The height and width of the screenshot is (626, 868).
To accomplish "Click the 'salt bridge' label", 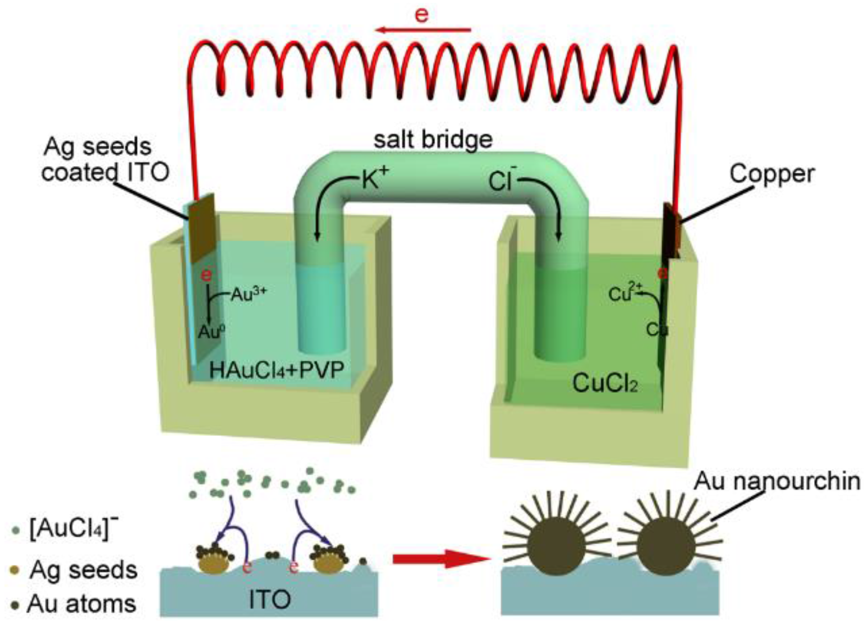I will (x=433, y=139).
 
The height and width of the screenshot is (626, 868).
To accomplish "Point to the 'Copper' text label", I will (x=771, y=174).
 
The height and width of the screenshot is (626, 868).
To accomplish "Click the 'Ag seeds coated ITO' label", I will (x=104, y=159).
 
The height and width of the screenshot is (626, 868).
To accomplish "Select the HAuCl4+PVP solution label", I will (x=276, y=370).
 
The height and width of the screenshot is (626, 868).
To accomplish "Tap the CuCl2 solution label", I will (x=605, y=384).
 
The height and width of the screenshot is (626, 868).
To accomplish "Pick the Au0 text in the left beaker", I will (x=212, y=332).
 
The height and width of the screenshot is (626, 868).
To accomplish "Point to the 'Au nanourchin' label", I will (x=777, y=481).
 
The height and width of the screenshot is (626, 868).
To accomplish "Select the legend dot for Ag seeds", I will (x=16, y=570).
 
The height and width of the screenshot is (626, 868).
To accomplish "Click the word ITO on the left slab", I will (x=269, y=600).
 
